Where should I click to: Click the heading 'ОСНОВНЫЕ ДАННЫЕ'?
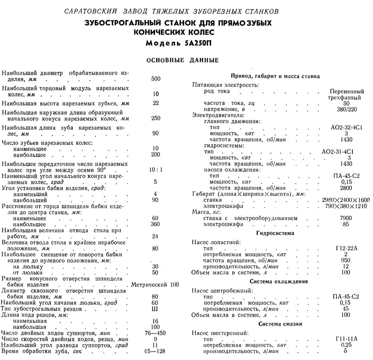point(182,60)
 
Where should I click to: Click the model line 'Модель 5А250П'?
point(182,42)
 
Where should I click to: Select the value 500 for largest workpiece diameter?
point(156,79)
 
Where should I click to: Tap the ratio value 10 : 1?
point(156,170)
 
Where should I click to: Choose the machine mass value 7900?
point(346,218)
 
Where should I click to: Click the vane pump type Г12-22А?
point(347,249)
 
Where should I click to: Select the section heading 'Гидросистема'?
point(275,233)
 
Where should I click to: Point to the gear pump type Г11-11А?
point(347,339)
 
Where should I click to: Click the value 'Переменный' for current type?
point(347,91)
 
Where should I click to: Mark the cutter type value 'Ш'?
point(155,309)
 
